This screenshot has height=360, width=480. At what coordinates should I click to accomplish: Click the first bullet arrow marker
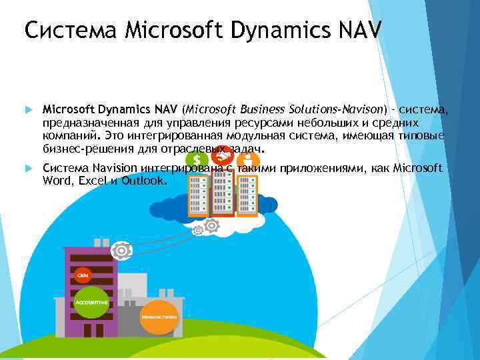click(x=27, y=109)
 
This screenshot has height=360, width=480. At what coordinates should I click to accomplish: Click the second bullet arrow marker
click(x=27, y=168)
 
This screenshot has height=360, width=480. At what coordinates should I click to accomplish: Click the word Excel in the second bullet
click(x=90, y=180)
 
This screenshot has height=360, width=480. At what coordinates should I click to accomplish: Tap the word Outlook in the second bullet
click(x=142, y=180)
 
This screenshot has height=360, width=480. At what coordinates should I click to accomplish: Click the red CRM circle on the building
click(x=83, y=275)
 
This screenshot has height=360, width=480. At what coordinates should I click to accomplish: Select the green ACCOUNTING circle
click(x=91, y=302)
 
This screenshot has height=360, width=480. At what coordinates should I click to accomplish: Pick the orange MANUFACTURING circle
click(x=159, y=317)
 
